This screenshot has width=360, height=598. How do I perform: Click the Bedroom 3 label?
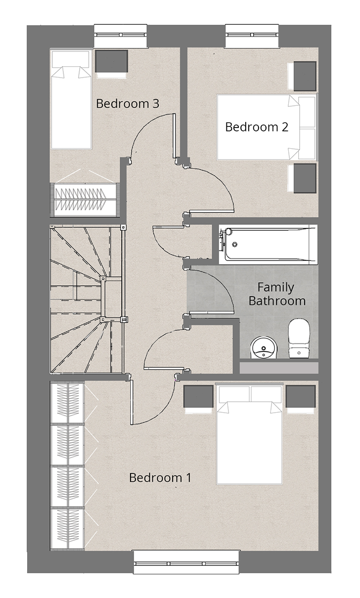coord(128,104)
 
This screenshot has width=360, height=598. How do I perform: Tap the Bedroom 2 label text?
coord(257,127)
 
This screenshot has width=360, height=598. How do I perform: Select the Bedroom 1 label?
coord(160,477)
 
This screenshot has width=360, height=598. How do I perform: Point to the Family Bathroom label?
coord(277,294)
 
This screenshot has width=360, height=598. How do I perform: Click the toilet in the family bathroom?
coord(299,338)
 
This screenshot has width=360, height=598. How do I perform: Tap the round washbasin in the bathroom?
coord(264,347)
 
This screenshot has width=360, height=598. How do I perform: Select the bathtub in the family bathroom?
coord(268,245)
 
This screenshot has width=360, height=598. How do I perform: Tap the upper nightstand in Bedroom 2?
coord(305,76)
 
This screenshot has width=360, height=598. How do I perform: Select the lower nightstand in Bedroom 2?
coord(305,178)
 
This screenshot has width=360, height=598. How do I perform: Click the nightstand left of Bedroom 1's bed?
coord(198,396)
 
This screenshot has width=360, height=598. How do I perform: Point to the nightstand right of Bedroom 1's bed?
coord(301,396)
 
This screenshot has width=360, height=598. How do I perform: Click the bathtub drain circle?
coord(235,244)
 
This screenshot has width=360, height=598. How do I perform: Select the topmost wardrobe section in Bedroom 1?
coord(68,403)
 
